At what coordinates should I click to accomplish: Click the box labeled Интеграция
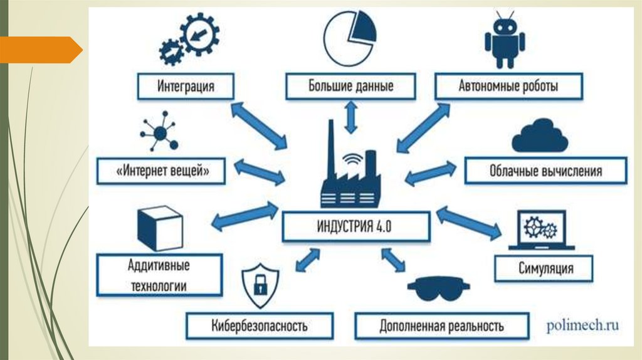(x=185, y=85)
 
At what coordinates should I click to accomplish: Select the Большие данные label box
(x=350, y=85)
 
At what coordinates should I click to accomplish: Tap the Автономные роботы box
(x=508, y=85)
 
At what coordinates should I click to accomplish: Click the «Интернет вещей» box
(x=161, y=171)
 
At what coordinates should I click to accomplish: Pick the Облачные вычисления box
(x=545, y=171)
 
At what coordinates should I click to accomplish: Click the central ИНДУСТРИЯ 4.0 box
(x=355, y=226)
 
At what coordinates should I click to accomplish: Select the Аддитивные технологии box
(x=159, y=275)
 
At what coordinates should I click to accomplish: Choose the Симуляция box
(x=545, y=268)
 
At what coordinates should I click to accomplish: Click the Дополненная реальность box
(x=441, y=326)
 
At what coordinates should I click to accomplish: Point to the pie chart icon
(x=349, y=39)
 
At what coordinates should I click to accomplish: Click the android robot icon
(x=504, y=41)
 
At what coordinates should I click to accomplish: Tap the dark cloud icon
(x=539, y=137)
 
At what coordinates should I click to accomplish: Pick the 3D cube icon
(x=159, y=228)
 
